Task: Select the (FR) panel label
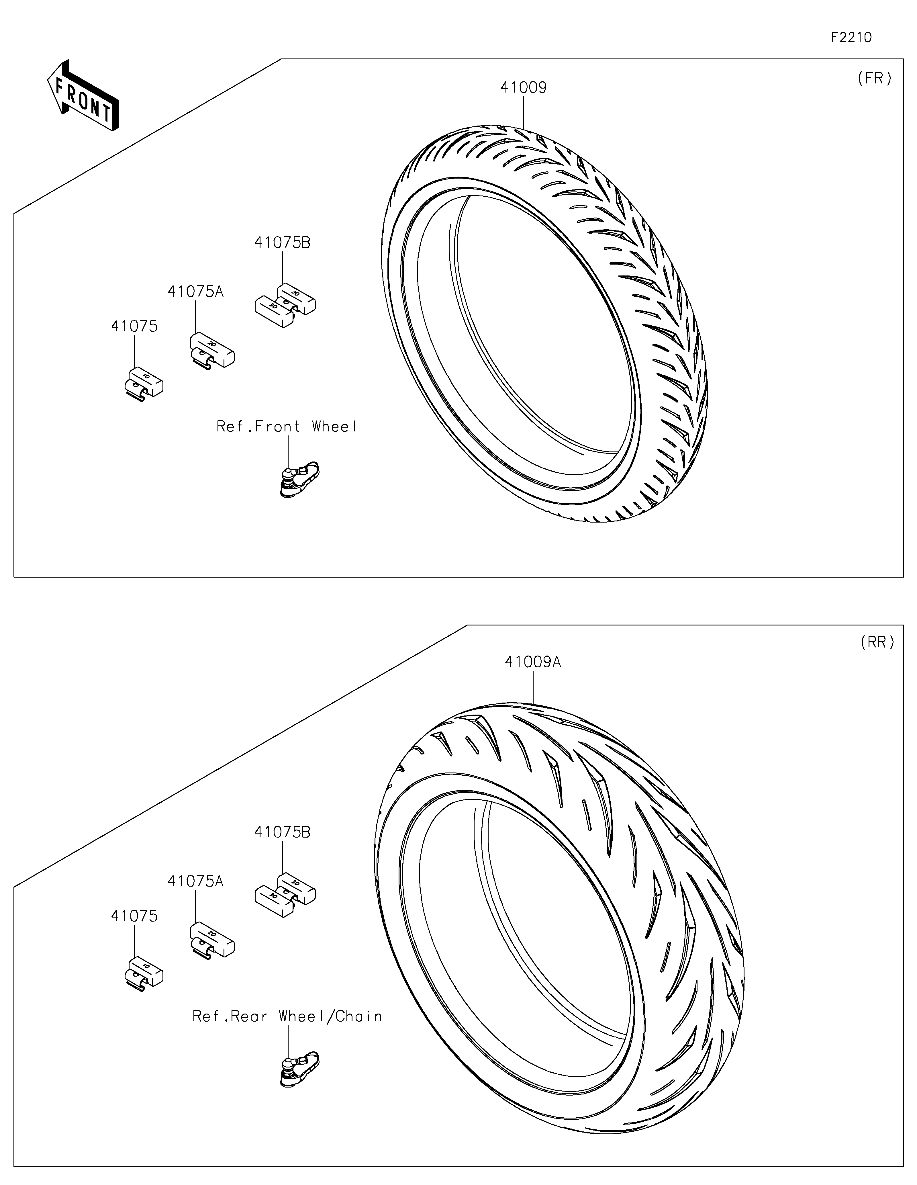coord(874,79)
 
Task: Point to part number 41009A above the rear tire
coord(532,662)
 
